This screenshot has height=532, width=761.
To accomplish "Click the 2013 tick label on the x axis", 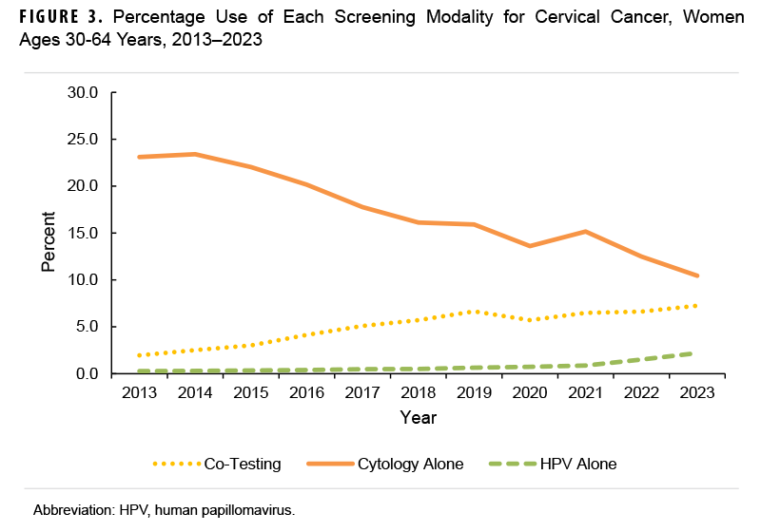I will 141,393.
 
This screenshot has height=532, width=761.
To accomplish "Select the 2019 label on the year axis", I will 474,393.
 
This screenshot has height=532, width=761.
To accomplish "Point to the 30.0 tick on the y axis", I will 83,93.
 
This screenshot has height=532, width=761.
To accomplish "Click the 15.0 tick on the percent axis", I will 83,233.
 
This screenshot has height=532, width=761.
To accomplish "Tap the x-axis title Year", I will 419,417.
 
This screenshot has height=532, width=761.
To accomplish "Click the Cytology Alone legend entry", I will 410,464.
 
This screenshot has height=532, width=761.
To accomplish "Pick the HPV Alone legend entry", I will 577,464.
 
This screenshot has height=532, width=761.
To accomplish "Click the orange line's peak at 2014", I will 196,154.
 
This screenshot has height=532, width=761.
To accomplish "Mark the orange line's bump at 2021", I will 585,231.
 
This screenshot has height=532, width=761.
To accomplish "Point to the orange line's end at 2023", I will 696,275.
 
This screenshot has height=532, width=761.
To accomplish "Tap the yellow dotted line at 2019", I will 474,312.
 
